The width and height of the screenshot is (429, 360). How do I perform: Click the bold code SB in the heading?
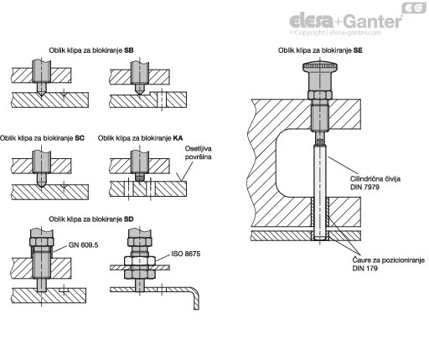pos(129,50)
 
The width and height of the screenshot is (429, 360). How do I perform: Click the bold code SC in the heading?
pos(80,138)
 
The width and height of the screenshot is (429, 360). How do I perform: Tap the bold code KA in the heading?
pos(178,138)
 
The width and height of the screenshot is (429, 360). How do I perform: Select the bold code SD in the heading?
pos(129,219)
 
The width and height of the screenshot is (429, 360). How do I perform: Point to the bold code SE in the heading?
pos(358,50)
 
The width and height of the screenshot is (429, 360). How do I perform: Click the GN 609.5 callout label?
pos(83,245)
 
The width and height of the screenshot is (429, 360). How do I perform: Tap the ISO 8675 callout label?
pos(186,254)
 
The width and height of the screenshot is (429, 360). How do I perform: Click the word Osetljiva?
pos(198,148)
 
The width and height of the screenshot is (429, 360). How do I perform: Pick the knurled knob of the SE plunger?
pos(320,67)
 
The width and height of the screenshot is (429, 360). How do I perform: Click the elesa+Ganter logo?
pos(346,21)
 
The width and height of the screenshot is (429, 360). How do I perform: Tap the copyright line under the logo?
pos(335,33)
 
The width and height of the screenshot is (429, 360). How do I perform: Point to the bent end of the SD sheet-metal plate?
pos(196,299)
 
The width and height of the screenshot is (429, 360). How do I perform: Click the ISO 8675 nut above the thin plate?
pos(140,260)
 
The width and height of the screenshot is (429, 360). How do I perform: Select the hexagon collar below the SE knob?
pos(320,95)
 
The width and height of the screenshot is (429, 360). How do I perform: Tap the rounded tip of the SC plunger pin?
pos(41,183)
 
